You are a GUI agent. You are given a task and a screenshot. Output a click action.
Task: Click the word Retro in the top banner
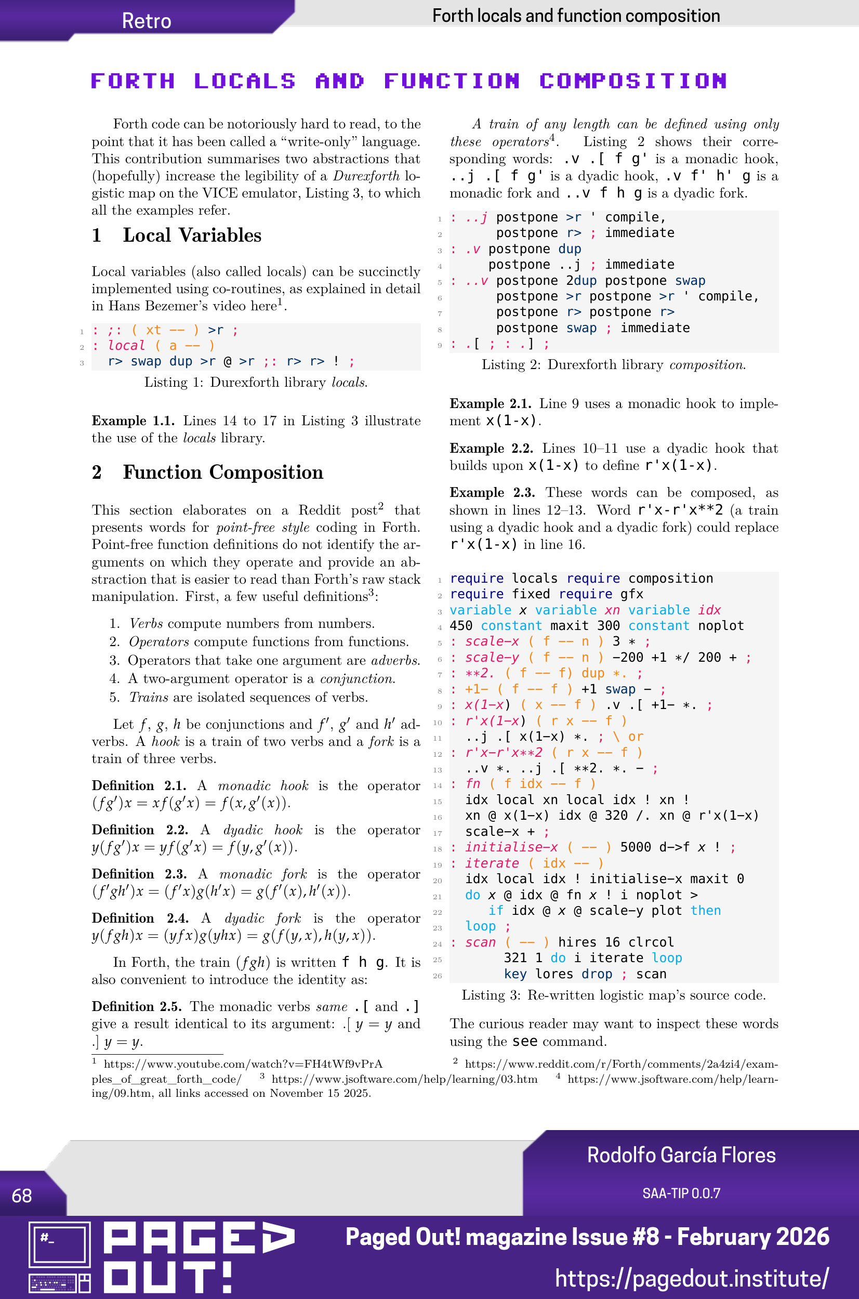(146, 21)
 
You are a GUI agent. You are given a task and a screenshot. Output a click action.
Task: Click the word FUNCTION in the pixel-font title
(452, 81)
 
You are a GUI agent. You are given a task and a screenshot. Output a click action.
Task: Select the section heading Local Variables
(192, 235)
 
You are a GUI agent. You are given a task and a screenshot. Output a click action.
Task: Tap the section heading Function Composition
(222, 473)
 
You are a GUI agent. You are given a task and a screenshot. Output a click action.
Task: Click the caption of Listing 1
(256, 383)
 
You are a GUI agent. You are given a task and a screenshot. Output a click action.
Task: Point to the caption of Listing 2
(613, 365)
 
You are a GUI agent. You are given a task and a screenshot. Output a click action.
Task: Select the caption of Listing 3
(613, 995)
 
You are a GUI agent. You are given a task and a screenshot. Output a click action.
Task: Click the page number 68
(22, 1196)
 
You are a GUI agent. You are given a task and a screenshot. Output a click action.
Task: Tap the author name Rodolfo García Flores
(681, 1155)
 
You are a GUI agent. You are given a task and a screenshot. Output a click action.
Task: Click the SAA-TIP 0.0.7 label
(681, 1193)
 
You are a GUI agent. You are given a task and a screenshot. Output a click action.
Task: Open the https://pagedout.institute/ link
(691, 1278)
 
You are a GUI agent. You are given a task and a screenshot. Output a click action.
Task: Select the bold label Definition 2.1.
(139, 785)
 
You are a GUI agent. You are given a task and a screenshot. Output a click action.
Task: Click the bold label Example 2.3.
(492, 493)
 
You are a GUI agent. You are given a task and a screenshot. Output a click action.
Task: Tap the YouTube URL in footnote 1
(243, 1064)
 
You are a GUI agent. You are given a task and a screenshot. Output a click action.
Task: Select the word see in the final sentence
(525, 1042)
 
